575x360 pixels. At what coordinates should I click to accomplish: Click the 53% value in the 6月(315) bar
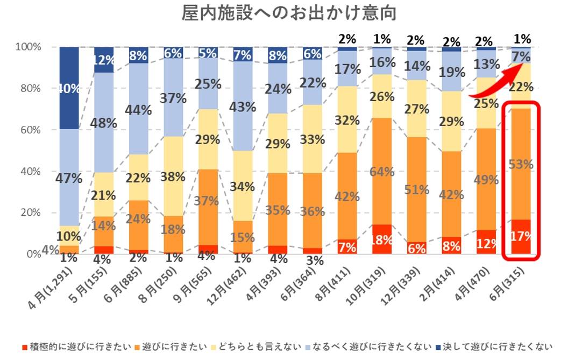click(522, 164)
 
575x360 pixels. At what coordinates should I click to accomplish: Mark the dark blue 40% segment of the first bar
click(68, 88)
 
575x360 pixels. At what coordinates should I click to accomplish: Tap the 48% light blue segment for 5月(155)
click(103, 123)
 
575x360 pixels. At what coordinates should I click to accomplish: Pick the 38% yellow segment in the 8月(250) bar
click(173, 176)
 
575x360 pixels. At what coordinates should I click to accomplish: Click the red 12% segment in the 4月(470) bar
click(487, 242)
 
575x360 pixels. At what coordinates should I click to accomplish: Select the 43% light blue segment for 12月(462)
click(243, 106)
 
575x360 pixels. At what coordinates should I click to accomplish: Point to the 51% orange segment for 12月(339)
click(417, 189)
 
